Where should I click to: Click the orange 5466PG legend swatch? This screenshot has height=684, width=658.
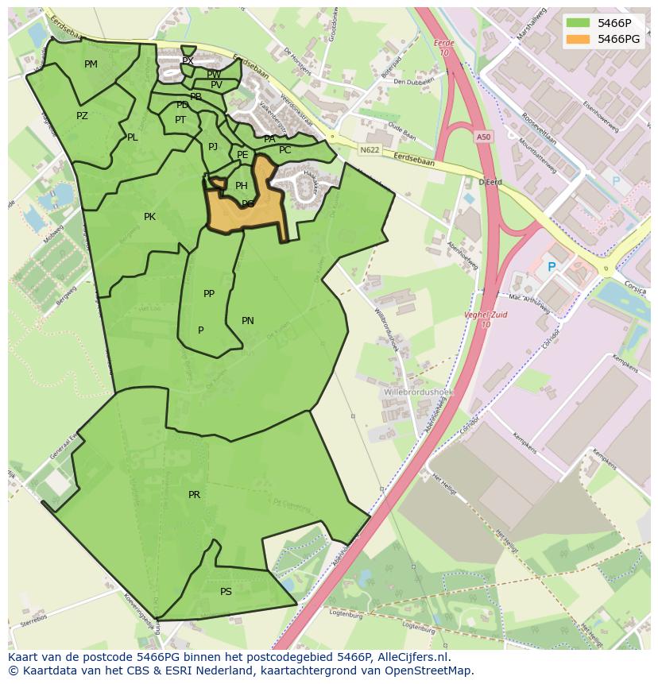[579, 39]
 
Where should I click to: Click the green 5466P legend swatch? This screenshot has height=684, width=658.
[579, 22]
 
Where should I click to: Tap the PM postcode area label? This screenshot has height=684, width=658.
[91, 64]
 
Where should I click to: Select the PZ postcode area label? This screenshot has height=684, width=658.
[82, 116]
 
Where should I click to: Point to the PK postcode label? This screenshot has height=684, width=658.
[149, 217]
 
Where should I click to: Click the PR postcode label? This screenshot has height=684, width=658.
[194, 495]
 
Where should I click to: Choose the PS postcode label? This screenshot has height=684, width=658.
[226, 592]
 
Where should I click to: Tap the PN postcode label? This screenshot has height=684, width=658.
[248, 321]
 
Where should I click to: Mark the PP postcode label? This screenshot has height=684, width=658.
[209, 294]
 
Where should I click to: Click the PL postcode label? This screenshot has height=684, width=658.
[132, 137]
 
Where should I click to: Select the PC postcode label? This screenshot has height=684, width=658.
[284, 150]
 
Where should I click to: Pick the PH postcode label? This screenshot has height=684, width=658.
[241, 186]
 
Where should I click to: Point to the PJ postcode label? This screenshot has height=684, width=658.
[212, 147]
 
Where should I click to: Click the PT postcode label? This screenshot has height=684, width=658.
[180, 120]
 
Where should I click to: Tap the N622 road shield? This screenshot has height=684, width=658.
[369, 149]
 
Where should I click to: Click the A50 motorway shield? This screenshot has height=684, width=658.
[484, 137]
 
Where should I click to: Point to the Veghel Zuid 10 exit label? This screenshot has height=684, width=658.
[486, 319]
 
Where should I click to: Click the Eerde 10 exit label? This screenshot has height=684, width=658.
[444, 48]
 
